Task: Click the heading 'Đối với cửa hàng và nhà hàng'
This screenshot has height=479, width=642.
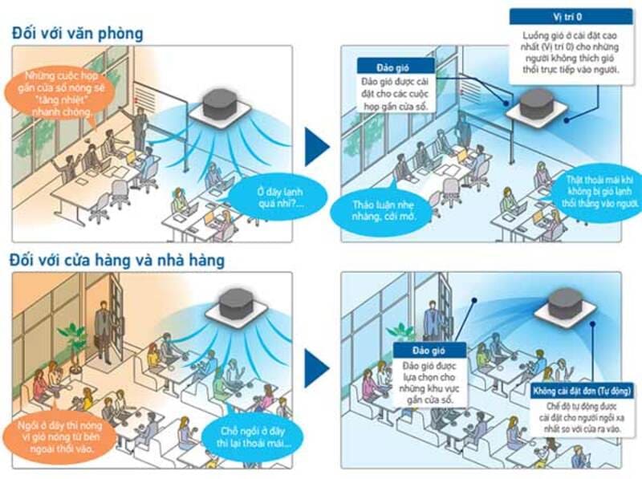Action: tap(117, 260)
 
